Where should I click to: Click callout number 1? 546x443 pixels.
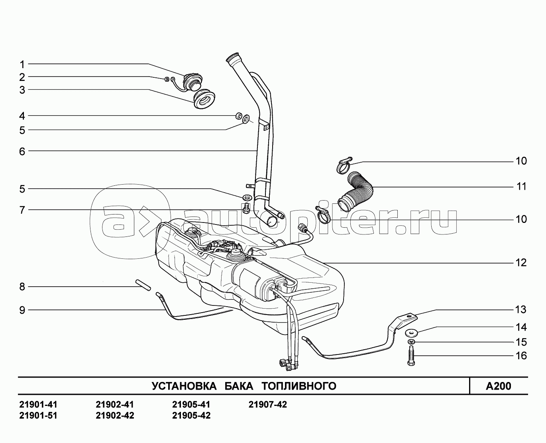(x=22, y=64)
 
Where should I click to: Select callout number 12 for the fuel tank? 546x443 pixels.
(x=521, y=263)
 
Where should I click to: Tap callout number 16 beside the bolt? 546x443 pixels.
(x=521, y=356)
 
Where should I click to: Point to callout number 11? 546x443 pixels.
(x=521, y=187)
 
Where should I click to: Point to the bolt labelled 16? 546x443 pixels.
(x=411, y=356)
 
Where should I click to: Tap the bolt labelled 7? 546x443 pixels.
(x=246, y=208)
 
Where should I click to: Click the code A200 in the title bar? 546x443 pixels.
(x=498, y=386)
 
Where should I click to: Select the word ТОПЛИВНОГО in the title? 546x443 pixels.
(x=299, y=386)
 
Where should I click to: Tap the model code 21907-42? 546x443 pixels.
(x=267, y=405)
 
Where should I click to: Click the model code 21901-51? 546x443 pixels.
(x=38, y=415)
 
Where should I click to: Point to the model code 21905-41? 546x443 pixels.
(x=191, y=405)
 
